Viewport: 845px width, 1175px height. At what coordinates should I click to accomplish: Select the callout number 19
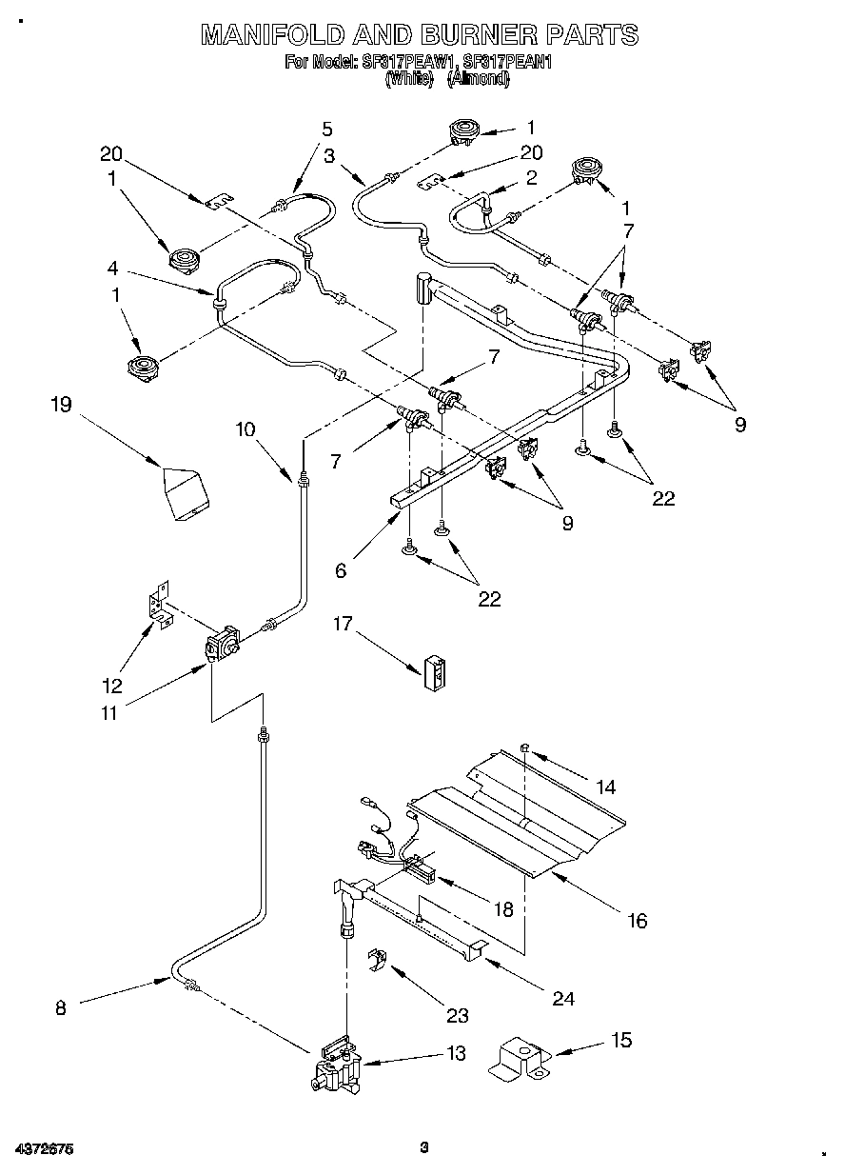click(x=60, y=405)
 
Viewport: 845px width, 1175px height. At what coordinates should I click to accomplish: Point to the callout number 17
click(x=343, y=624)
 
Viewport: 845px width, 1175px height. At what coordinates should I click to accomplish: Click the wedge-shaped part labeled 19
click(x=187, y=492)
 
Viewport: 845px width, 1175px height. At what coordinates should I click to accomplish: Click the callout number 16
click(x=637, y=920)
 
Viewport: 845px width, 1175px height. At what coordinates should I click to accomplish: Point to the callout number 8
click(x=61, y=1007)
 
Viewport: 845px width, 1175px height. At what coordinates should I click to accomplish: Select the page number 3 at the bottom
click(x=425, y=1147)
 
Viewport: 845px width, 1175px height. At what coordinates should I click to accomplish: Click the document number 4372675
click(x=44, y=1149)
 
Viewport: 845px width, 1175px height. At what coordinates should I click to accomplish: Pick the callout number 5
click(x=326, y=129)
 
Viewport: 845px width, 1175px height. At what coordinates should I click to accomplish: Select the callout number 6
click(x=341, y=570)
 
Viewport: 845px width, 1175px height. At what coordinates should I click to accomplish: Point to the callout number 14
click(x=606, y=787)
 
